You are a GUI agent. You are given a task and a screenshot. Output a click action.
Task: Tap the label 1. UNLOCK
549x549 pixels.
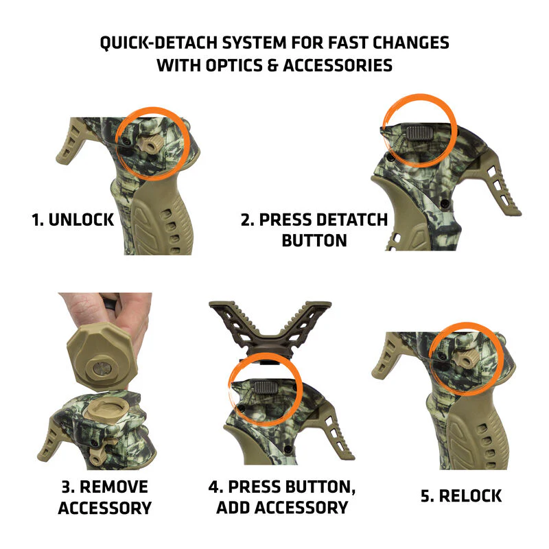click(72, 220)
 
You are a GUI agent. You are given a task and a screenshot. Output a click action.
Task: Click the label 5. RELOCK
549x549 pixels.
click(461, 495)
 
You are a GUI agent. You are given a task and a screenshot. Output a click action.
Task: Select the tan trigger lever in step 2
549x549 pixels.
click(504, 189)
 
